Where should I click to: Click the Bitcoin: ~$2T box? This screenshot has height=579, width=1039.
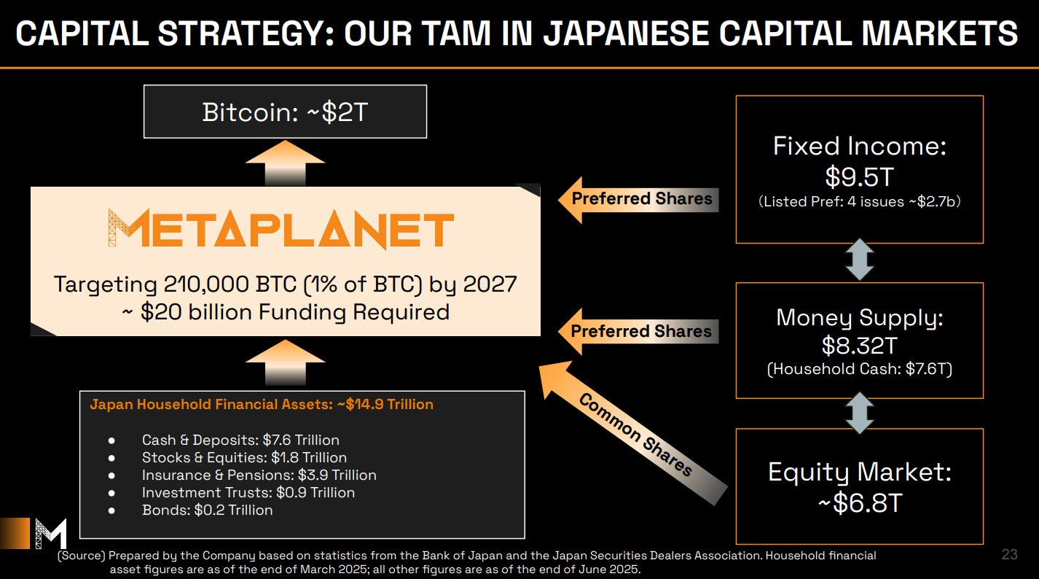(285, 112)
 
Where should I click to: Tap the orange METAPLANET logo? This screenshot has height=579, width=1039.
(281, 228)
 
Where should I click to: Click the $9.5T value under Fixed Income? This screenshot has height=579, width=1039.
(860, 177)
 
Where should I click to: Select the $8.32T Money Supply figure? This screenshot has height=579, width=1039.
(860, 346)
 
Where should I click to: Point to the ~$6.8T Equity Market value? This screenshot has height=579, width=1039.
(860, 503)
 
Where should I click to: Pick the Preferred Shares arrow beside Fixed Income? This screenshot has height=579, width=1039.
(638, 200)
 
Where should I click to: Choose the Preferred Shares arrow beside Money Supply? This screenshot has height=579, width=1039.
(638, 332)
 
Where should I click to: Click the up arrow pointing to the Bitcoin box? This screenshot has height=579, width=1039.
(286, 163)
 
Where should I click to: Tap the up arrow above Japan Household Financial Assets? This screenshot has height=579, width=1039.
(286, 362)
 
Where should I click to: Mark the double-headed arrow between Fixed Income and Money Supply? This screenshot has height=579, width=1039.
(860, 260)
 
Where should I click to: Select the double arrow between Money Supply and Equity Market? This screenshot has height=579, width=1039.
(860, 413)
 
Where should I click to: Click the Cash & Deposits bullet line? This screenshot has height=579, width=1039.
(240, 440)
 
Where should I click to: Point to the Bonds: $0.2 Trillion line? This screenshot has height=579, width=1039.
(207, 510)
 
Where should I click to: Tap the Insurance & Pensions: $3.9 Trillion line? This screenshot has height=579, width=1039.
(259, 475)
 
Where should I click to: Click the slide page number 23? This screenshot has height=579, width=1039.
(1009, 554)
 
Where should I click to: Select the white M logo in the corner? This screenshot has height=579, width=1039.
(51, 534)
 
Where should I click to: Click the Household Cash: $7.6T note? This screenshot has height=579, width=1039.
(860, 369)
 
